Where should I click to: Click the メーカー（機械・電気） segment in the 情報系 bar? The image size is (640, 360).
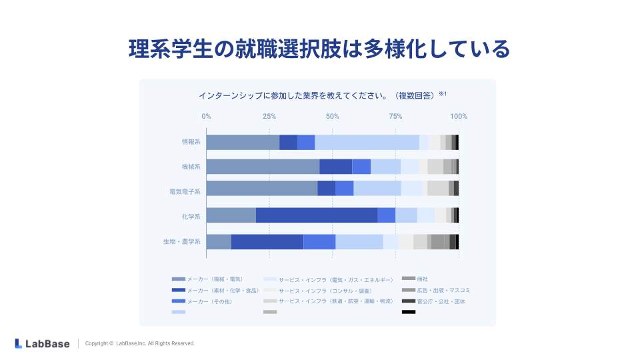(x=243, y=142)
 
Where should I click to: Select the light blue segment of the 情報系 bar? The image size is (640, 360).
(x=367, y=142)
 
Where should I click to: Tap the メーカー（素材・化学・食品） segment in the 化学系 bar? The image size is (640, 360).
(x=317, y=215)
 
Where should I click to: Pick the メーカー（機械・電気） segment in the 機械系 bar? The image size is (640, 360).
(x=263, y=167)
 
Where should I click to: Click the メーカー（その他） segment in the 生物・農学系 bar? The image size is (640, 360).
(x=319, y=241)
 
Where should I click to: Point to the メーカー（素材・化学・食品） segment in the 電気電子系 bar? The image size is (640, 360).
(x=326, y=188)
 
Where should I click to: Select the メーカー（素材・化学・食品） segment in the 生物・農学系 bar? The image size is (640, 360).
(x=267, y=241)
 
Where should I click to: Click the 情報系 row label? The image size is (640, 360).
(x=191, y=142)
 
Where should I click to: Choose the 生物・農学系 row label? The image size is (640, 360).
(x=182, y=241)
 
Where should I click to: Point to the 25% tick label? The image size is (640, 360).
(x=269, y=117)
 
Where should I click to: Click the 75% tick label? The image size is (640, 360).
(x=395, y=117)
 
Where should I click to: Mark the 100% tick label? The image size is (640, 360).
(x=459, y=117)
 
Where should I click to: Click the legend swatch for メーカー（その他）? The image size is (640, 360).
(x=178, y=301)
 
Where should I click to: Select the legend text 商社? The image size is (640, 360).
(x=423, y=279)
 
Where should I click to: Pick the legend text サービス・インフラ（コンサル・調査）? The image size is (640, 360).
(x=325, y=290)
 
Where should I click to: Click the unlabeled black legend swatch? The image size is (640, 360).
(x=409, y=312)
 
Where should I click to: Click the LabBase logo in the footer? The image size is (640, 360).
(x=42, y=343)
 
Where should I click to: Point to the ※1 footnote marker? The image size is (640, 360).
(x=442, y=94)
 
